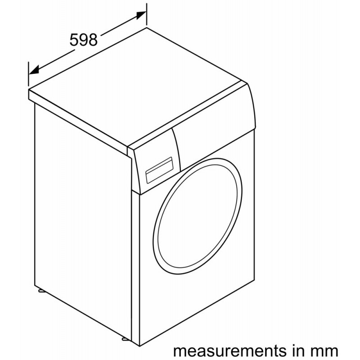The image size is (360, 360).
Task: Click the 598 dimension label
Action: pos(84,40)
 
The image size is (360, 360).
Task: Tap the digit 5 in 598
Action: pos(74,40)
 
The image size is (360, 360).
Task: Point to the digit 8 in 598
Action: pos(93,40)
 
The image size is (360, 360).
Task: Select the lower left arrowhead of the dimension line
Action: pos(34,70)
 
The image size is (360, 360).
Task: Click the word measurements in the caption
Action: pos(228,351)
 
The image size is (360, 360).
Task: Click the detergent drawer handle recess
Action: pos(159,170)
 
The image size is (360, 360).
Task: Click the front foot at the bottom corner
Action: pos(124,338)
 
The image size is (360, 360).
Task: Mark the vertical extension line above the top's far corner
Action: pos(147,14)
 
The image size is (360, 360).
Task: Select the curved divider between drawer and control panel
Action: pos(177,149)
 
